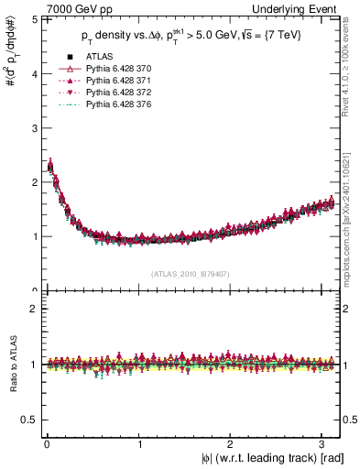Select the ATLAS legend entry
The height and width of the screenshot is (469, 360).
[x=97, y=59]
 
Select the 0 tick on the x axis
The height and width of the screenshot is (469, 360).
[x=47, y=443]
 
